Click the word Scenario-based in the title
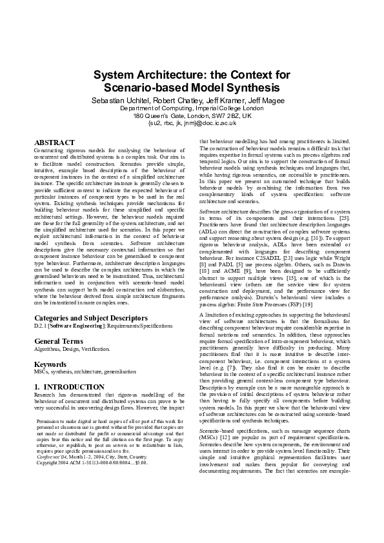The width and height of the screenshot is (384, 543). (x=141, y=86)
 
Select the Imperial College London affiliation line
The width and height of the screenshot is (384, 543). (x=192, y=108)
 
